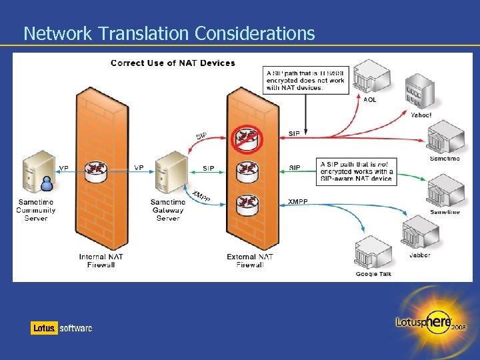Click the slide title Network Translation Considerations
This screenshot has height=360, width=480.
coord(169,33)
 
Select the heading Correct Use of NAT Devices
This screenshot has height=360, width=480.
coord(173,63)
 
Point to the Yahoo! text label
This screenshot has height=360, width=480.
coord(421,115)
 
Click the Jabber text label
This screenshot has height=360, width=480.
coord(420,255)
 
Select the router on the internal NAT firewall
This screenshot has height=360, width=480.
coord(97,171)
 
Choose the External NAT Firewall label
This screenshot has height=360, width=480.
coord(250,261)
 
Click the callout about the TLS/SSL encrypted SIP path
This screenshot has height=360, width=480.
coord(305,81)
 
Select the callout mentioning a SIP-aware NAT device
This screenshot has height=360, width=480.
coord(357,171)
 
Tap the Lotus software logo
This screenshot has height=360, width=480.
coord(61,328)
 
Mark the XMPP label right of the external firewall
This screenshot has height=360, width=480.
coord(298,201)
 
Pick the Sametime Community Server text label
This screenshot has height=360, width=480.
coord(36,210)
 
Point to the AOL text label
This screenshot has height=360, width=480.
coord(369,100)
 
